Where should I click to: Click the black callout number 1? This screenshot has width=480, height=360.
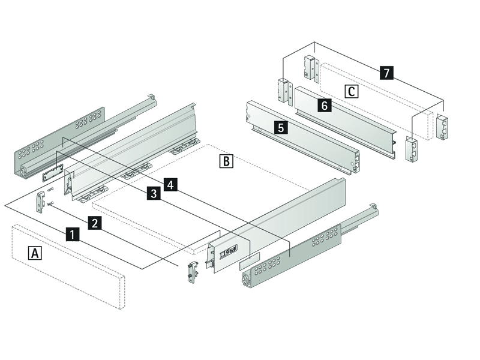point(71,234)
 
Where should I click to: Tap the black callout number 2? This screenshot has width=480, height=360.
point(94,223)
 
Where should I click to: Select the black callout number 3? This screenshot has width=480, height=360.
point(154,193)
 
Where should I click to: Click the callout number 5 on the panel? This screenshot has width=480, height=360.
point(280,127)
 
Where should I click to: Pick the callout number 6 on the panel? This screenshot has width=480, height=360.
point(324,106)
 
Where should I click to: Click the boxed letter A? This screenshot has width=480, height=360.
point(35,253)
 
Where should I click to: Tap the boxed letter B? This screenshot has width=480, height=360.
point(226,161)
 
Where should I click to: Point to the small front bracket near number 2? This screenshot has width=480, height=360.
point(43,200)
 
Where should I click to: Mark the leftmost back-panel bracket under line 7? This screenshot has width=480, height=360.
point(283,90)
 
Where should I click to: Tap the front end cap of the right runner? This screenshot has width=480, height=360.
point(246,280)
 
